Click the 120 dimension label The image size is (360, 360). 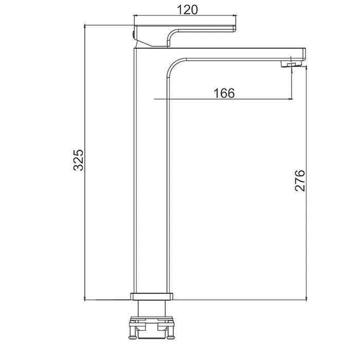(x=187, y=10)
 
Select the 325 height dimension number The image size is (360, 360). (x=79, y=160)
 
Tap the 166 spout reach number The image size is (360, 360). (x=224, y=93)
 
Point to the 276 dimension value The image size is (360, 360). (x=300, y=181)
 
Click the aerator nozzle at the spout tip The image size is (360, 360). (x=291, y=64)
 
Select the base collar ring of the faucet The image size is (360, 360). (x=152, y=296)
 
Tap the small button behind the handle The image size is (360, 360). (x=133, y=35)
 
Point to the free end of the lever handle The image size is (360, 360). (x=236, y=28)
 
